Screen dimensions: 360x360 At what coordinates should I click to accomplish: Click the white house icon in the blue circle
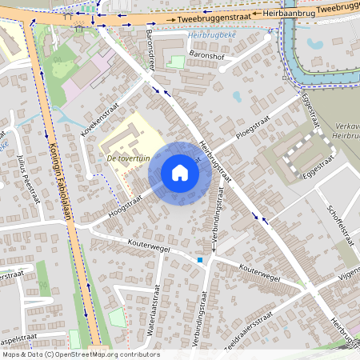[x=180, y=172]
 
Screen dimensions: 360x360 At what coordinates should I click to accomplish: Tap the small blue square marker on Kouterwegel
[x=199, y=259]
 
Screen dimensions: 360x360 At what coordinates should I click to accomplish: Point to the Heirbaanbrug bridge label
[x=285, y=13]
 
